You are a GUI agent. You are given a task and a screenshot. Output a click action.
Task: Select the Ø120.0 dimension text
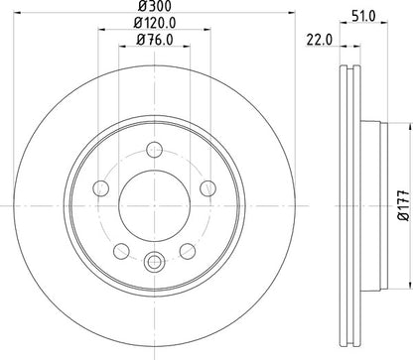[x=153, y=27]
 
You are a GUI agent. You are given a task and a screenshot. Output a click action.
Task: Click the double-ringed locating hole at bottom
[x=153, y=262]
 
